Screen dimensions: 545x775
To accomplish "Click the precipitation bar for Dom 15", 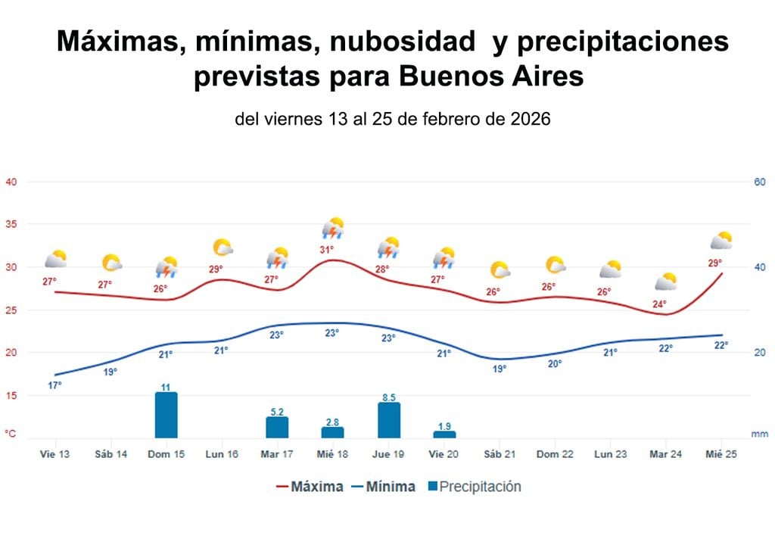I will pyautogui.click(x=166, y=415).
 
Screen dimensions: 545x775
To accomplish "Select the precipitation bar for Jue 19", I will pyautogui.click(x=388, y=420).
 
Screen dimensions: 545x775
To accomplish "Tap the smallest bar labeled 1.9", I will pyautogui.click(x=444, y=434).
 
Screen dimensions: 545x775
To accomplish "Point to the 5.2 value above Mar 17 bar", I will pyautogui.click(x=277, y=411).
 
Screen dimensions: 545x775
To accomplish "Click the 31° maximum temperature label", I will pyautogui.click(x=326, y=249).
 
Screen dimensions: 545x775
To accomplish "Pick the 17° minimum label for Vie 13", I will pyautogui.click(x=54, y=385).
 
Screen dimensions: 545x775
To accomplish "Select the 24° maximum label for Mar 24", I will pyautogui.click(x=660, y=304).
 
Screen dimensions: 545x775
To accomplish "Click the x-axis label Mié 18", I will pyautogui.click(x=332, y=454).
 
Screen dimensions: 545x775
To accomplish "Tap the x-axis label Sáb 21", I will pyautogui.click(x=500, y=454).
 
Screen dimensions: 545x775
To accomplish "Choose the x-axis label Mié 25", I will pyautogui.click(x=721, y=454).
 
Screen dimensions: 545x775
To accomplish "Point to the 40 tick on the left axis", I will pyautogui.click(x=11, y=182).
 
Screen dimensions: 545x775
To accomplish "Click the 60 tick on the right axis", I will pyautogui.click(x=759, y=182).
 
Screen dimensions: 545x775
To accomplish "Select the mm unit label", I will pyautogui.click(x=759, y=434).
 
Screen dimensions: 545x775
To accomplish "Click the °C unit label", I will pyautogui.click(x=11, y=434).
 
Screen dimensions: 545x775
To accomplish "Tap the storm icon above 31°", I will pyautogui.click(x=333, y=228).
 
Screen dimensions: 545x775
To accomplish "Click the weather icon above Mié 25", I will pyautogui.click(x=721, y=241).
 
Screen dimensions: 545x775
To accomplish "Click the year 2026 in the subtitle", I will pyautogui.click(x=523, y=119).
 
